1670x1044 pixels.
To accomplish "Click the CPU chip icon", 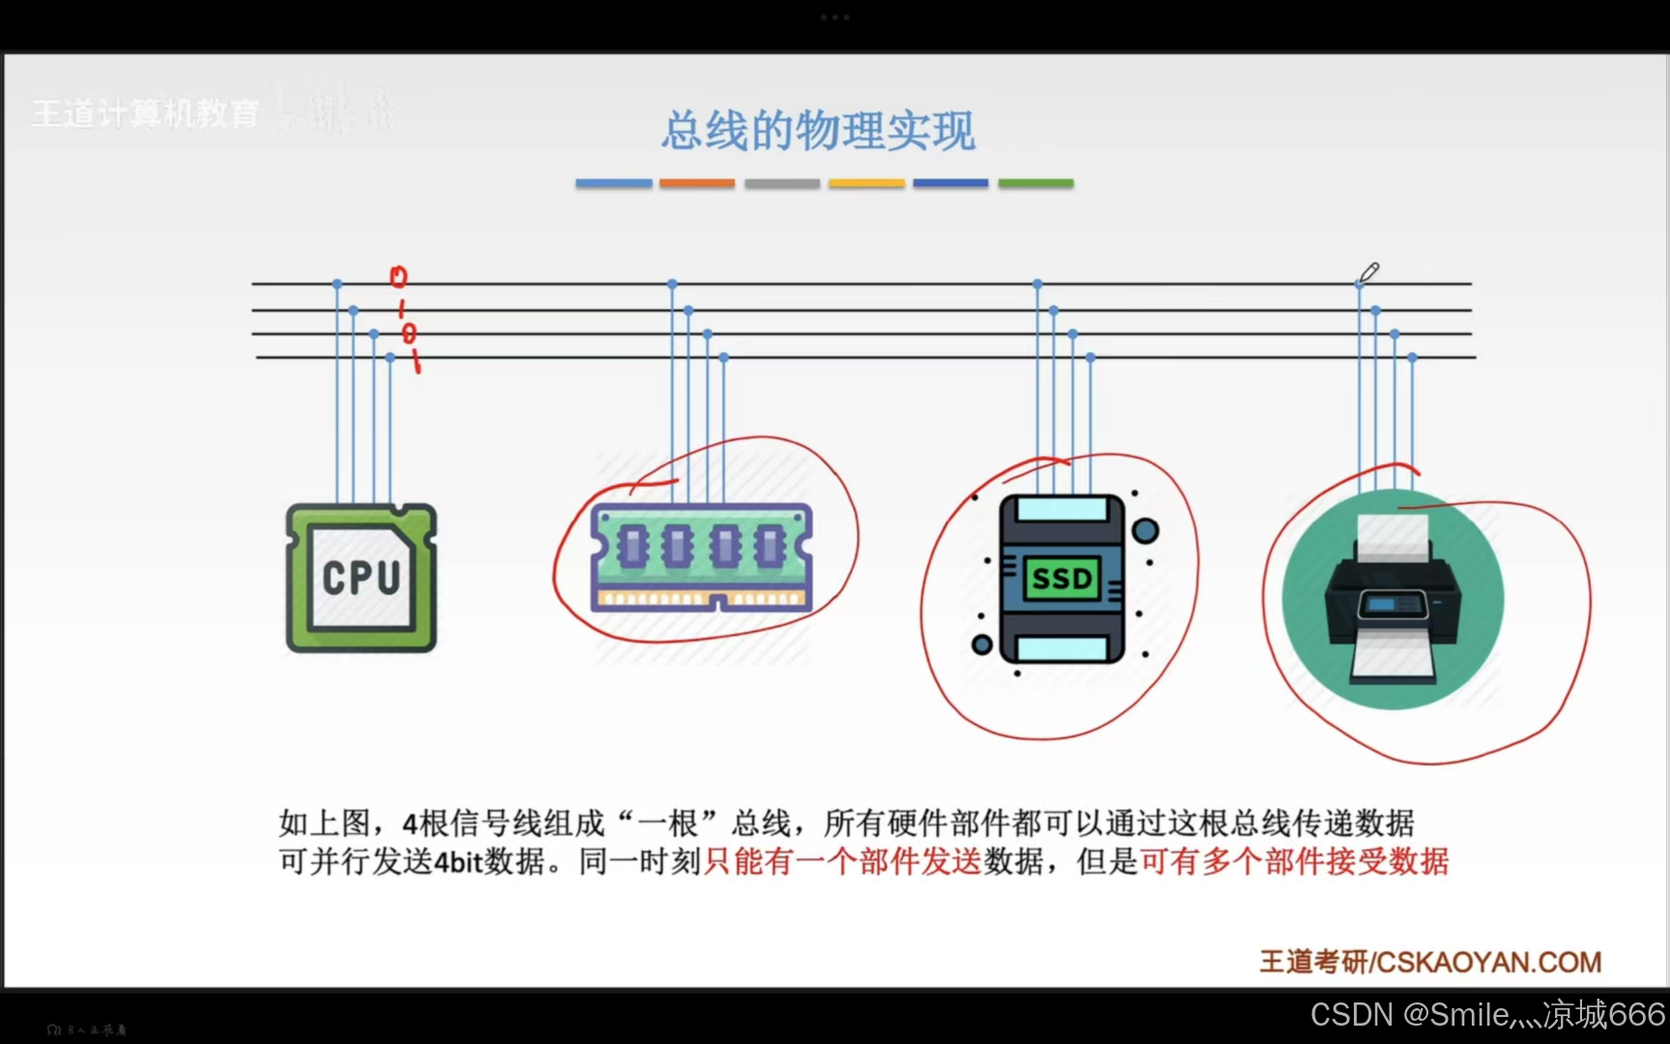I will click(x=361, y=577).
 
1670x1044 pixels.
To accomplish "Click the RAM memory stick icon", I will click(x=702, y=558).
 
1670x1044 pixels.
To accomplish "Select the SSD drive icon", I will click(x=1062, y=578).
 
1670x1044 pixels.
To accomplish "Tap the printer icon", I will click(x=1393, y=599).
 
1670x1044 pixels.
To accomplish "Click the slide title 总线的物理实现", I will click(x=819, y=130).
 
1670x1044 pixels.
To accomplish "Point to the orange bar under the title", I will click(x=697, y=183).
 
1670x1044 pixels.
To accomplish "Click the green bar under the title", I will click(x=1035, y=183).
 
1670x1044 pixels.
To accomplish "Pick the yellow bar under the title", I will click(x=866, y=183).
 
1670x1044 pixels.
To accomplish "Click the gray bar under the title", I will click(x=782, y=183).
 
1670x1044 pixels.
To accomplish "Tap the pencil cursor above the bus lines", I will click(x=1368, y=274).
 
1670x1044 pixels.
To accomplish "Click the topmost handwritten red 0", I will click(x=398, y=277).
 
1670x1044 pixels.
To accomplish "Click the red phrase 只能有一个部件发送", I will click(x=842, y=860).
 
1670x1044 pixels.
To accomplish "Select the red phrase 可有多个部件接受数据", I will click(x=1294, y=860).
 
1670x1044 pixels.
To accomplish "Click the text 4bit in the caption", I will click(x=457, y=861).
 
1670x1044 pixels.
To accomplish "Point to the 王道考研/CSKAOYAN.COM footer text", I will click(x=1430, y=962).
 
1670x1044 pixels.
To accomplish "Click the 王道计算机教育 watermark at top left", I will click(x=145, y=114).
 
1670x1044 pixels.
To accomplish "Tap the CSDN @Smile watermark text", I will click(x=1487, y=1014).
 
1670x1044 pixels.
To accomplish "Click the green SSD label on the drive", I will click(x=1062, y=578).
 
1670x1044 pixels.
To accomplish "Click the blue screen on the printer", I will click(x=1393, y=604).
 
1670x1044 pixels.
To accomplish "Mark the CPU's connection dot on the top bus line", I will click(x=337, y=284).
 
